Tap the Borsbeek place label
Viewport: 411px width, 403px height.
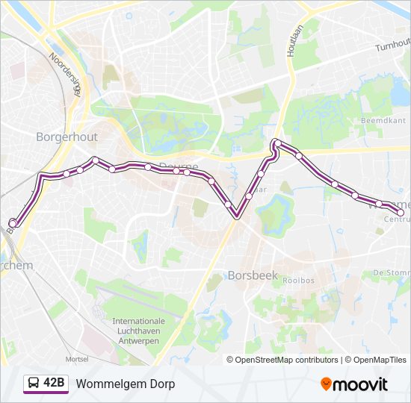point(253,275)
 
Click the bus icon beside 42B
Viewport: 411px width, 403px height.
point(33,384)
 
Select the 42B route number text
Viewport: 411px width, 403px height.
point(55,384)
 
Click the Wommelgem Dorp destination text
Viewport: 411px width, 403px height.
point(125,384)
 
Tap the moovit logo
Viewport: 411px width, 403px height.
point(354,384)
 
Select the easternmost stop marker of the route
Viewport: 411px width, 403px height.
point(401,213)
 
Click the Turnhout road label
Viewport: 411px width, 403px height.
point(392,46)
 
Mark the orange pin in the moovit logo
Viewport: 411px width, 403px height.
point(327,384)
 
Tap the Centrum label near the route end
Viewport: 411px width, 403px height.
point(397,219)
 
